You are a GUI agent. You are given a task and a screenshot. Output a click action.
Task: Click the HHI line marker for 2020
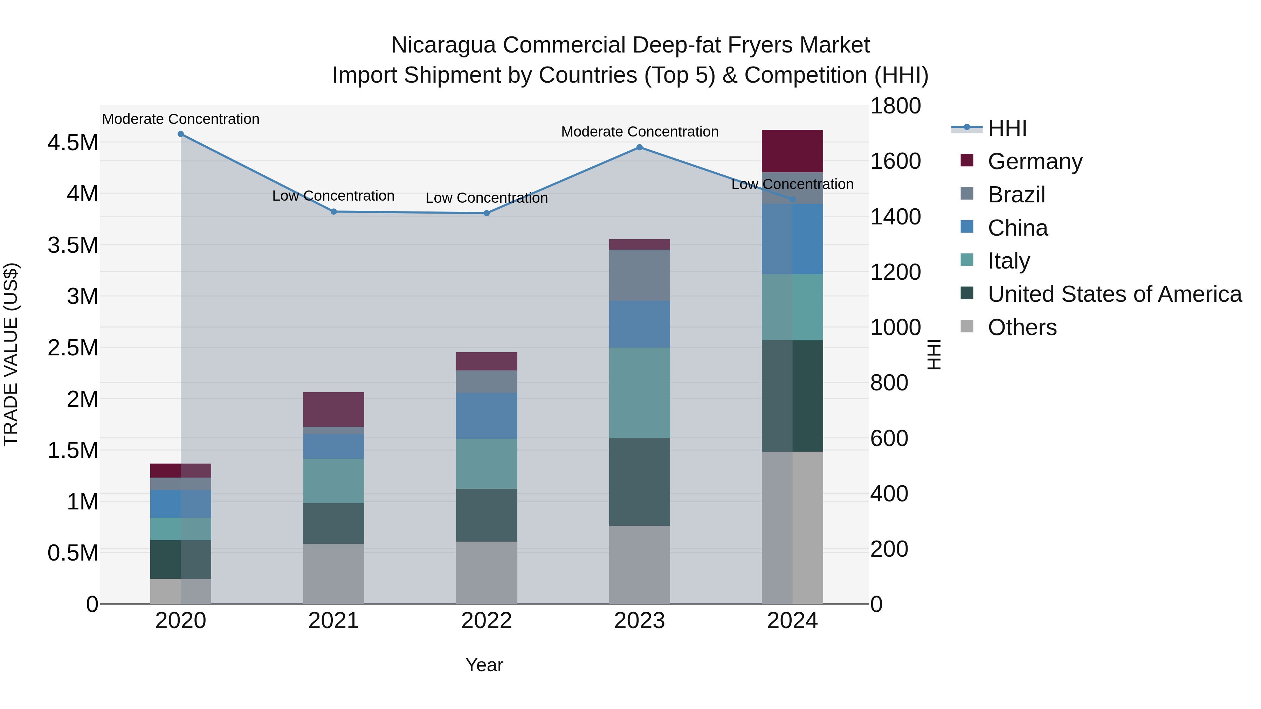[181, 134]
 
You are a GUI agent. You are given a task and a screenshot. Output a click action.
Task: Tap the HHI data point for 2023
[639, 147]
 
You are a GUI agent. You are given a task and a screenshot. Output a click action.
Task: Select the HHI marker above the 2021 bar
[334, 212]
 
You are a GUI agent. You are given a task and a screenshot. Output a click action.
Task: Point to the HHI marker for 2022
[487, 213]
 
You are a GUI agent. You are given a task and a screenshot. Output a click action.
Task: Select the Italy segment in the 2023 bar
[639, 393]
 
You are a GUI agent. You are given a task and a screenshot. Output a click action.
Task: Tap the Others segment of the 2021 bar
[334, 574]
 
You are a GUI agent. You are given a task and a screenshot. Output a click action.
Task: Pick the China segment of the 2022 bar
[487, 416]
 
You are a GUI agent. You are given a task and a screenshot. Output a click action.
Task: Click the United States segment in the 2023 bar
[639, 482]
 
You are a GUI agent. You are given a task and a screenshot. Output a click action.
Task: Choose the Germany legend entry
[1035, 161]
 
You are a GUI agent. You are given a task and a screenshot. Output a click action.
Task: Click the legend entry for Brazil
[1016, 195]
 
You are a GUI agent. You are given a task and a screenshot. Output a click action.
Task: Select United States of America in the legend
[1114, 294]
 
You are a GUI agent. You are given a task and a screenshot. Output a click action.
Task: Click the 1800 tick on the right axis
[895, 106]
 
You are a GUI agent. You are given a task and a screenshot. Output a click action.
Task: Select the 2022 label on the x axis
[487, 621]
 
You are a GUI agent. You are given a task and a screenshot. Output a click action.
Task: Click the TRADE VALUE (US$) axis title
[11, 354]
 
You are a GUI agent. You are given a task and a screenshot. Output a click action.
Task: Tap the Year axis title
[484, 665]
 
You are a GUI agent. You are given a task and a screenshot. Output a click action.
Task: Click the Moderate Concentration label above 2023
[639, 132]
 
